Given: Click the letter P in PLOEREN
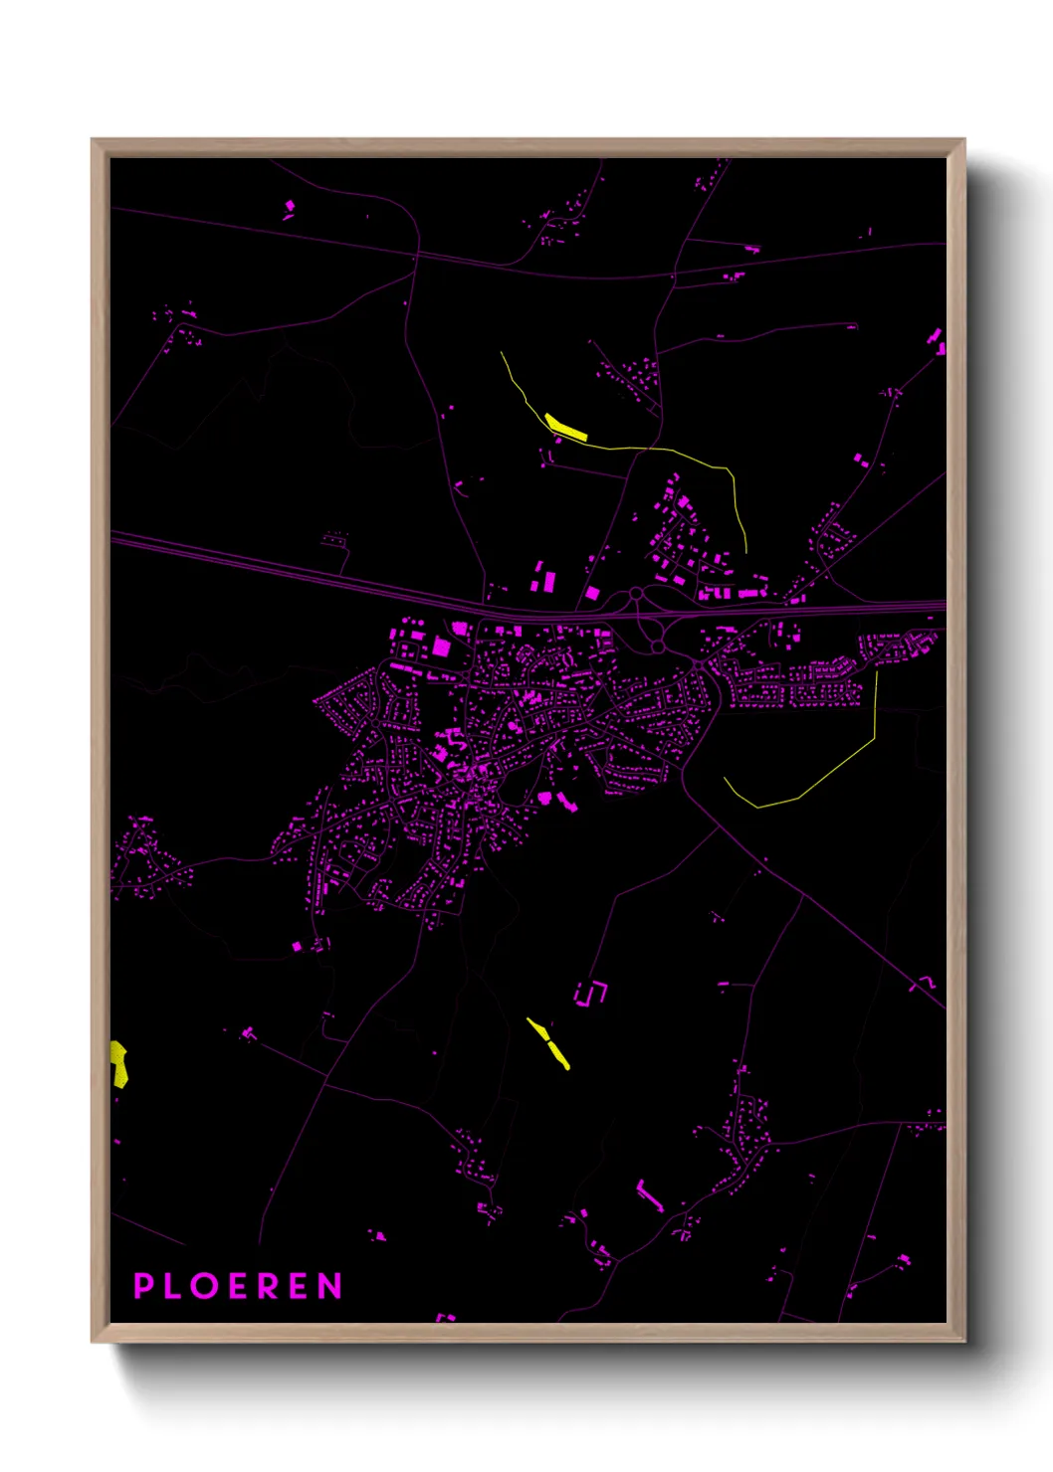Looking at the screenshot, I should pos(143,1286).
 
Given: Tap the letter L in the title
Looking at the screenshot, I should pos(174,1286).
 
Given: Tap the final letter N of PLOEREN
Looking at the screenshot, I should pos(330,1286).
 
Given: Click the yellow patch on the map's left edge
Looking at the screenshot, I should pos(118,1063).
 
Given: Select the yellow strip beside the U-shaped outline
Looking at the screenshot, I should pos(548,1042).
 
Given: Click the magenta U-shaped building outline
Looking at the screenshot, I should pos(590,993).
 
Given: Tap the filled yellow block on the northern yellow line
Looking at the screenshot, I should pos(566,427).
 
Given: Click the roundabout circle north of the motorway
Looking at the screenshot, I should pos(636,596).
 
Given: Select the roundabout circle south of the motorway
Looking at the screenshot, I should pos(658,647).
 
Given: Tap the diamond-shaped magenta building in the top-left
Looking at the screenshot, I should pos(290,207).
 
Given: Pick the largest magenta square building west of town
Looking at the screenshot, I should pos(441,646).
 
